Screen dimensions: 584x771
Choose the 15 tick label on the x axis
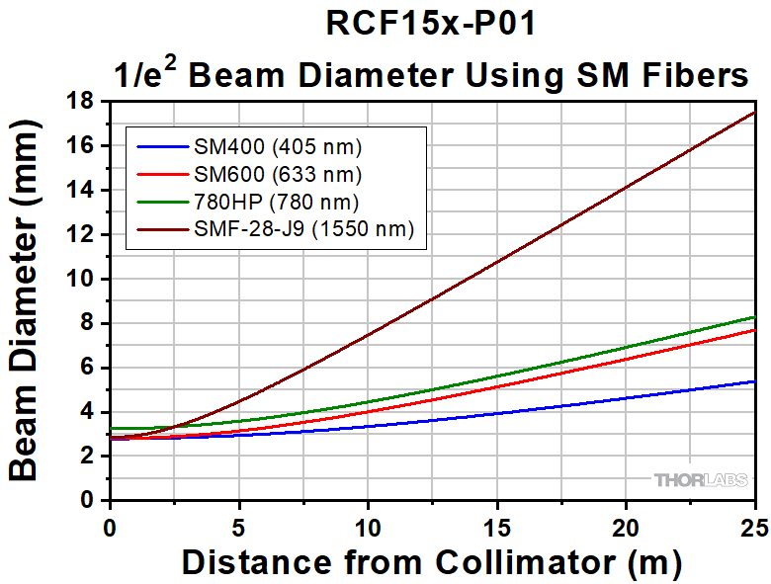497,521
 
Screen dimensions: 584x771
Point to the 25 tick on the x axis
753,521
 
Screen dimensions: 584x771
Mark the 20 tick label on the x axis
626,521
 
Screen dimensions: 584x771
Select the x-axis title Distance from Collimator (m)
432,561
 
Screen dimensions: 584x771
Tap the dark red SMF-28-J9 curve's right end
754,113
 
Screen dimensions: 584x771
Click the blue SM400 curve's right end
754,381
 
